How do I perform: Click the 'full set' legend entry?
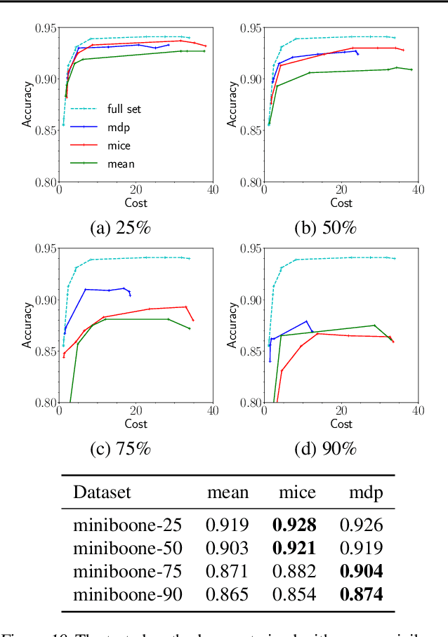pos(124,109)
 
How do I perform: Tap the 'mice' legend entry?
pos(118,145)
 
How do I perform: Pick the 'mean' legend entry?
pos(120,163)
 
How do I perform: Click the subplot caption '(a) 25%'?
pos(120,228)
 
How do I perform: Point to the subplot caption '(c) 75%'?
pos(120,449)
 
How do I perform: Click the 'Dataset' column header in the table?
pos(102,492)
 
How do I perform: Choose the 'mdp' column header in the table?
pos(366,492)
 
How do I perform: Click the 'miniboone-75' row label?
pos(128,571)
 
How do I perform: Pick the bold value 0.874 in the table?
pos(361,595)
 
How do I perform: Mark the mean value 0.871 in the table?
pos(227,571)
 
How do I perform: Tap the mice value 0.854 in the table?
pos(294,595)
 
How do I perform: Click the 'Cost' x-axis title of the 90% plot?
pos(341,424)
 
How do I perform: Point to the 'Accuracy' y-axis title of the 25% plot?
pos(27,105)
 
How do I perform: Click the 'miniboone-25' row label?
pos(128,523)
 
